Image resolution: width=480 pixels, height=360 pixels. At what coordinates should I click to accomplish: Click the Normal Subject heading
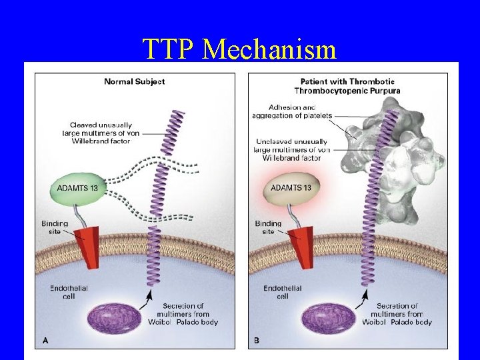pyautogui.click(x=134, y=81)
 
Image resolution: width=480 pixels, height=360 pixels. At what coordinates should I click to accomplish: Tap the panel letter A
pyautogui.click(x=46, y=340)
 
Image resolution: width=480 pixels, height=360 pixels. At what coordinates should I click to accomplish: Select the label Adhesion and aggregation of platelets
pyautogui.click(x=283, y=111)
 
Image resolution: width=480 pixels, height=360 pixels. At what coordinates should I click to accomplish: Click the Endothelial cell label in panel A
pyautogui.click(x=69, y=292)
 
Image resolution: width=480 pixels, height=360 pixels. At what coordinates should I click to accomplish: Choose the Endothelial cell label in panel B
pyautogui.click(x=282, y=292)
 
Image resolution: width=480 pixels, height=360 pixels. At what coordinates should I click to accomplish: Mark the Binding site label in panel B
pyautogui.click(x=268, y=227)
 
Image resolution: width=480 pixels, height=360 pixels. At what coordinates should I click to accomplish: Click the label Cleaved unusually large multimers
pyautogui.click(x=101, y=133)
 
